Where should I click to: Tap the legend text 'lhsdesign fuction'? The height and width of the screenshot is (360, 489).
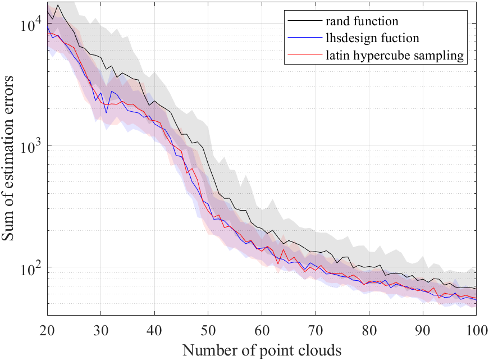coord(372,39)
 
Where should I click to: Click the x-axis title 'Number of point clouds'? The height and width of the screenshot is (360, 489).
coord(262,350)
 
